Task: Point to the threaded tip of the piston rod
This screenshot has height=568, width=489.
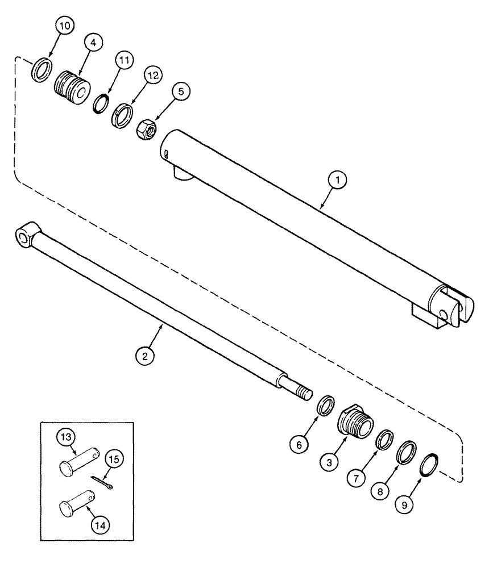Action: click(x=304, y=391)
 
